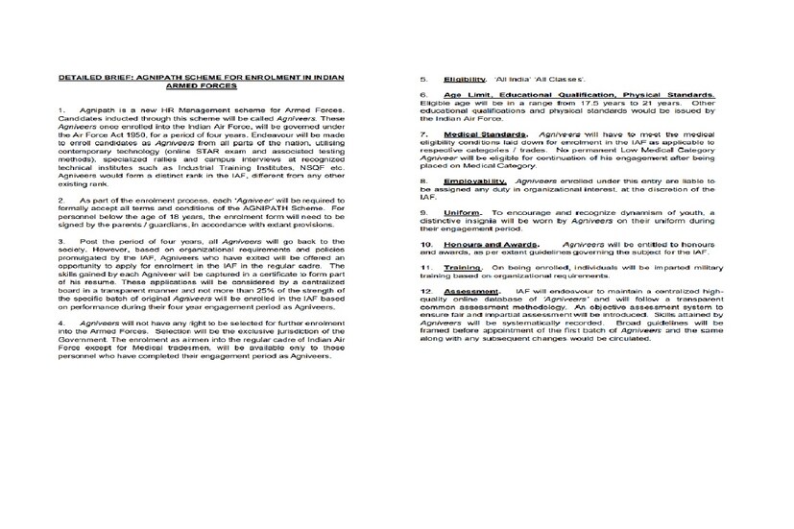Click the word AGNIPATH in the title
click(163, 75)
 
